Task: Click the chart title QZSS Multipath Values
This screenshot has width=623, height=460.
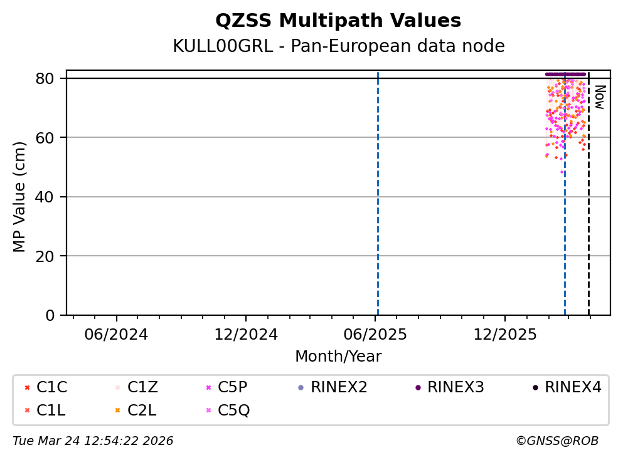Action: click(x=338, y=21)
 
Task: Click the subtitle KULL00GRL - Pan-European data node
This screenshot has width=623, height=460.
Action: click(x=338, y=46)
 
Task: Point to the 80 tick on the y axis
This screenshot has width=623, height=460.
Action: click(x=50, y=78)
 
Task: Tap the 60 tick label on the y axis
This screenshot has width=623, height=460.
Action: click(x=50, y=137)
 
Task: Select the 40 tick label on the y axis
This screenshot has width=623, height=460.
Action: click(x=50, y=197)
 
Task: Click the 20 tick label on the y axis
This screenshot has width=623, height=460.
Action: click(x=50, y=256)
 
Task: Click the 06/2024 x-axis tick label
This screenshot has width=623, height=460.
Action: click(x=116, y=334)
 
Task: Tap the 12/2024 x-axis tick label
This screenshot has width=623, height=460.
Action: click(x=245, y=334)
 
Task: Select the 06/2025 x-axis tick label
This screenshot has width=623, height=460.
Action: click(x=375, y=334)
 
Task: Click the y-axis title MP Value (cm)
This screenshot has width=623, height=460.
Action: click(x=20, y=197)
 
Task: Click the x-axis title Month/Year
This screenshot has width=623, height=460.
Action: click(x=338, y=357)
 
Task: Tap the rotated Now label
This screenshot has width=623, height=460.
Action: click(x=599, y=97)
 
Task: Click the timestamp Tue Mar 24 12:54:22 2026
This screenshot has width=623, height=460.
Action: click(x=93, y=441)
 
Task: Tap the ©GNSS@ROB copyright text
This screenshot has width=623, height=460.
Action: click(x=556, y=441)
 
